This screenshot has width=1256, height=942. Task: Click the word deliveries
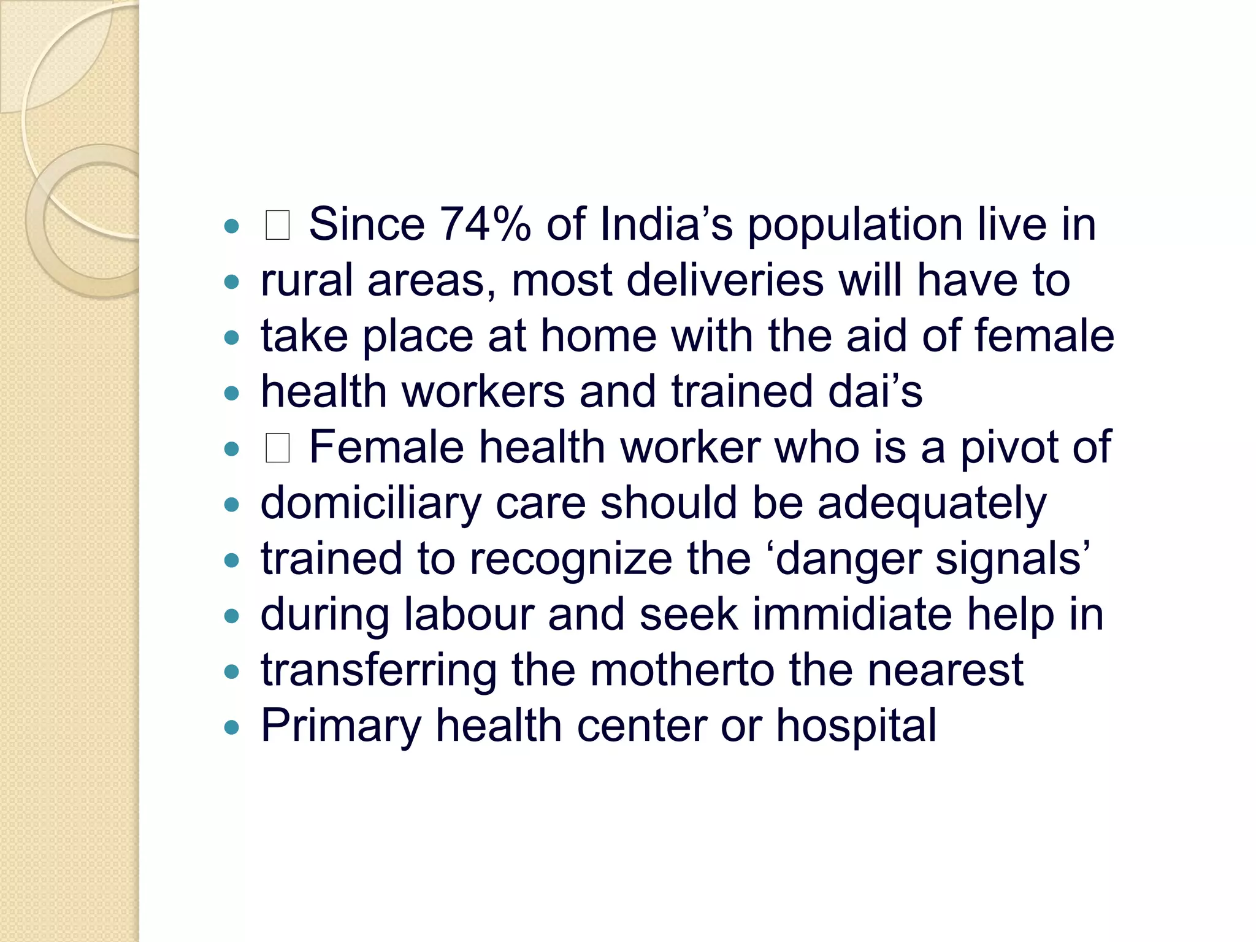725,280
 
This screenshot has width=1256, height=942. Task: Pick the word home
599,336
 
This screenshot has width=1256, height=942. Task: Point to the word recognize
571,559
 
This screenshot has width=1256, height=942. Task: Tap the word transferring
378,671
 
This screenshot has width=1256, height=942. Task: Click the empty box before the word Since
277,225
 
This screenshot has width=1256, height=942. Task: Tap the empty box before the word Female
277,448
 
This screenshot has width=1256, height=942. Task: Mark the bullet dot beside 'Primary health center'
231,728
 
